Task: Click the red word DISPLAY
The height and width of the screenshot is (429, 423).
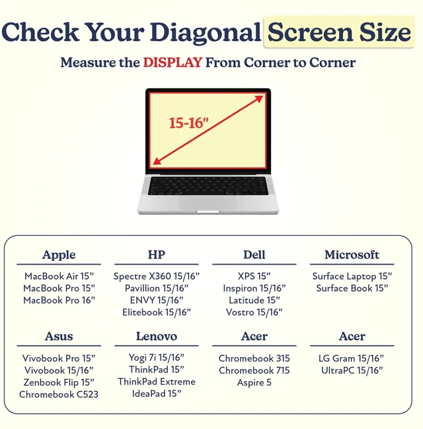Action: click(x=173, y=62)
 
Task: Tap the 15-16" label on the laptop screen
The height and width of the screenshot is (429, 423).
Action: click(x=188, y=122)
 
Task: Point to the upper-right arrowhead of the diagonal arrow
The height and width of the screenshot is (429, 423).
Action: click(x=258, y=99)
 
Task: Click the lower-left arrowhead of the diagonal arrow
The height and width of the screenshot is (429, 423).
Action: click(x=157, y=161)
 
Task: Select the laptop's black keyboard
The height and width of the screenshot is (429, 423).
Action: click(x=208, y=186)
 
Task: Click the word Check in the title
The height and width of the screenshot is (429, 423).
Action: click(x=40, y=32)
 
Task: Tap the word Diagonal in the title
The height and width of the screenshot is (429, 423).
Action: click(x=205, y=33)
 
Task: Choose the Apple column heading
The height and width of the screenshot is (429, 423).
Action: click(x=59, y=255)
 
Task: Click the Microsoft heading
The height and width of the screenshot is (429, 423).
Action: click(x=352, y=254)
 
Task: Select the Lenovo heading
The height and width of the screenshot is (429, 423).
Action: click(x=157, y=336)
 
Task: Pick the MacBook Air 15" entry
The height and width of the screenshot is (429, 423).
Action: click(x=59, y=276)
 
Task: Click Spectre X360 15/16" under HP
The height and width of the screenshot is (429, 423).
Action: click(x=157, y=276)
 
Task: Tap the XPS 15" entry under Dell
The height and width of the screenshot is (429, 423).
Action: click(x=254, y=276)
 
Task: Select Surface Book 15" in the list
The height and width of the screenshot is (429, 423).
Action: click(x=352, y=288)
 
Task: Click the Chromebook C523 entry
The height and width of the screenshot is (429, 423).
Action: click(x=59, y=394)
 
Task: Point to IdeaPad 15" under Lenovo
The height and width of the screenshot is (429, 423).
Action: click(x=157, y=393)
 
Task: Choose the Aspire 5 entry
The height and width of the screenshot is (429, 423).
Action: click(x=254, y=382)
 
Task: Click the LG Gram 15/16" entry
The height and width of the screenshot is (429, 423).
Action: click(x=352, y=358)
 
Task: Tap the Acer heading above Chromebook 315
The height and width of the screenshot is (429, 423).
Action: click(x=254, y=336)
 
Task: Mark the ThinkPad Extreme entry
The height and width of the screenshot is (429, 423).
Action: click(x=157, y=381)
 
